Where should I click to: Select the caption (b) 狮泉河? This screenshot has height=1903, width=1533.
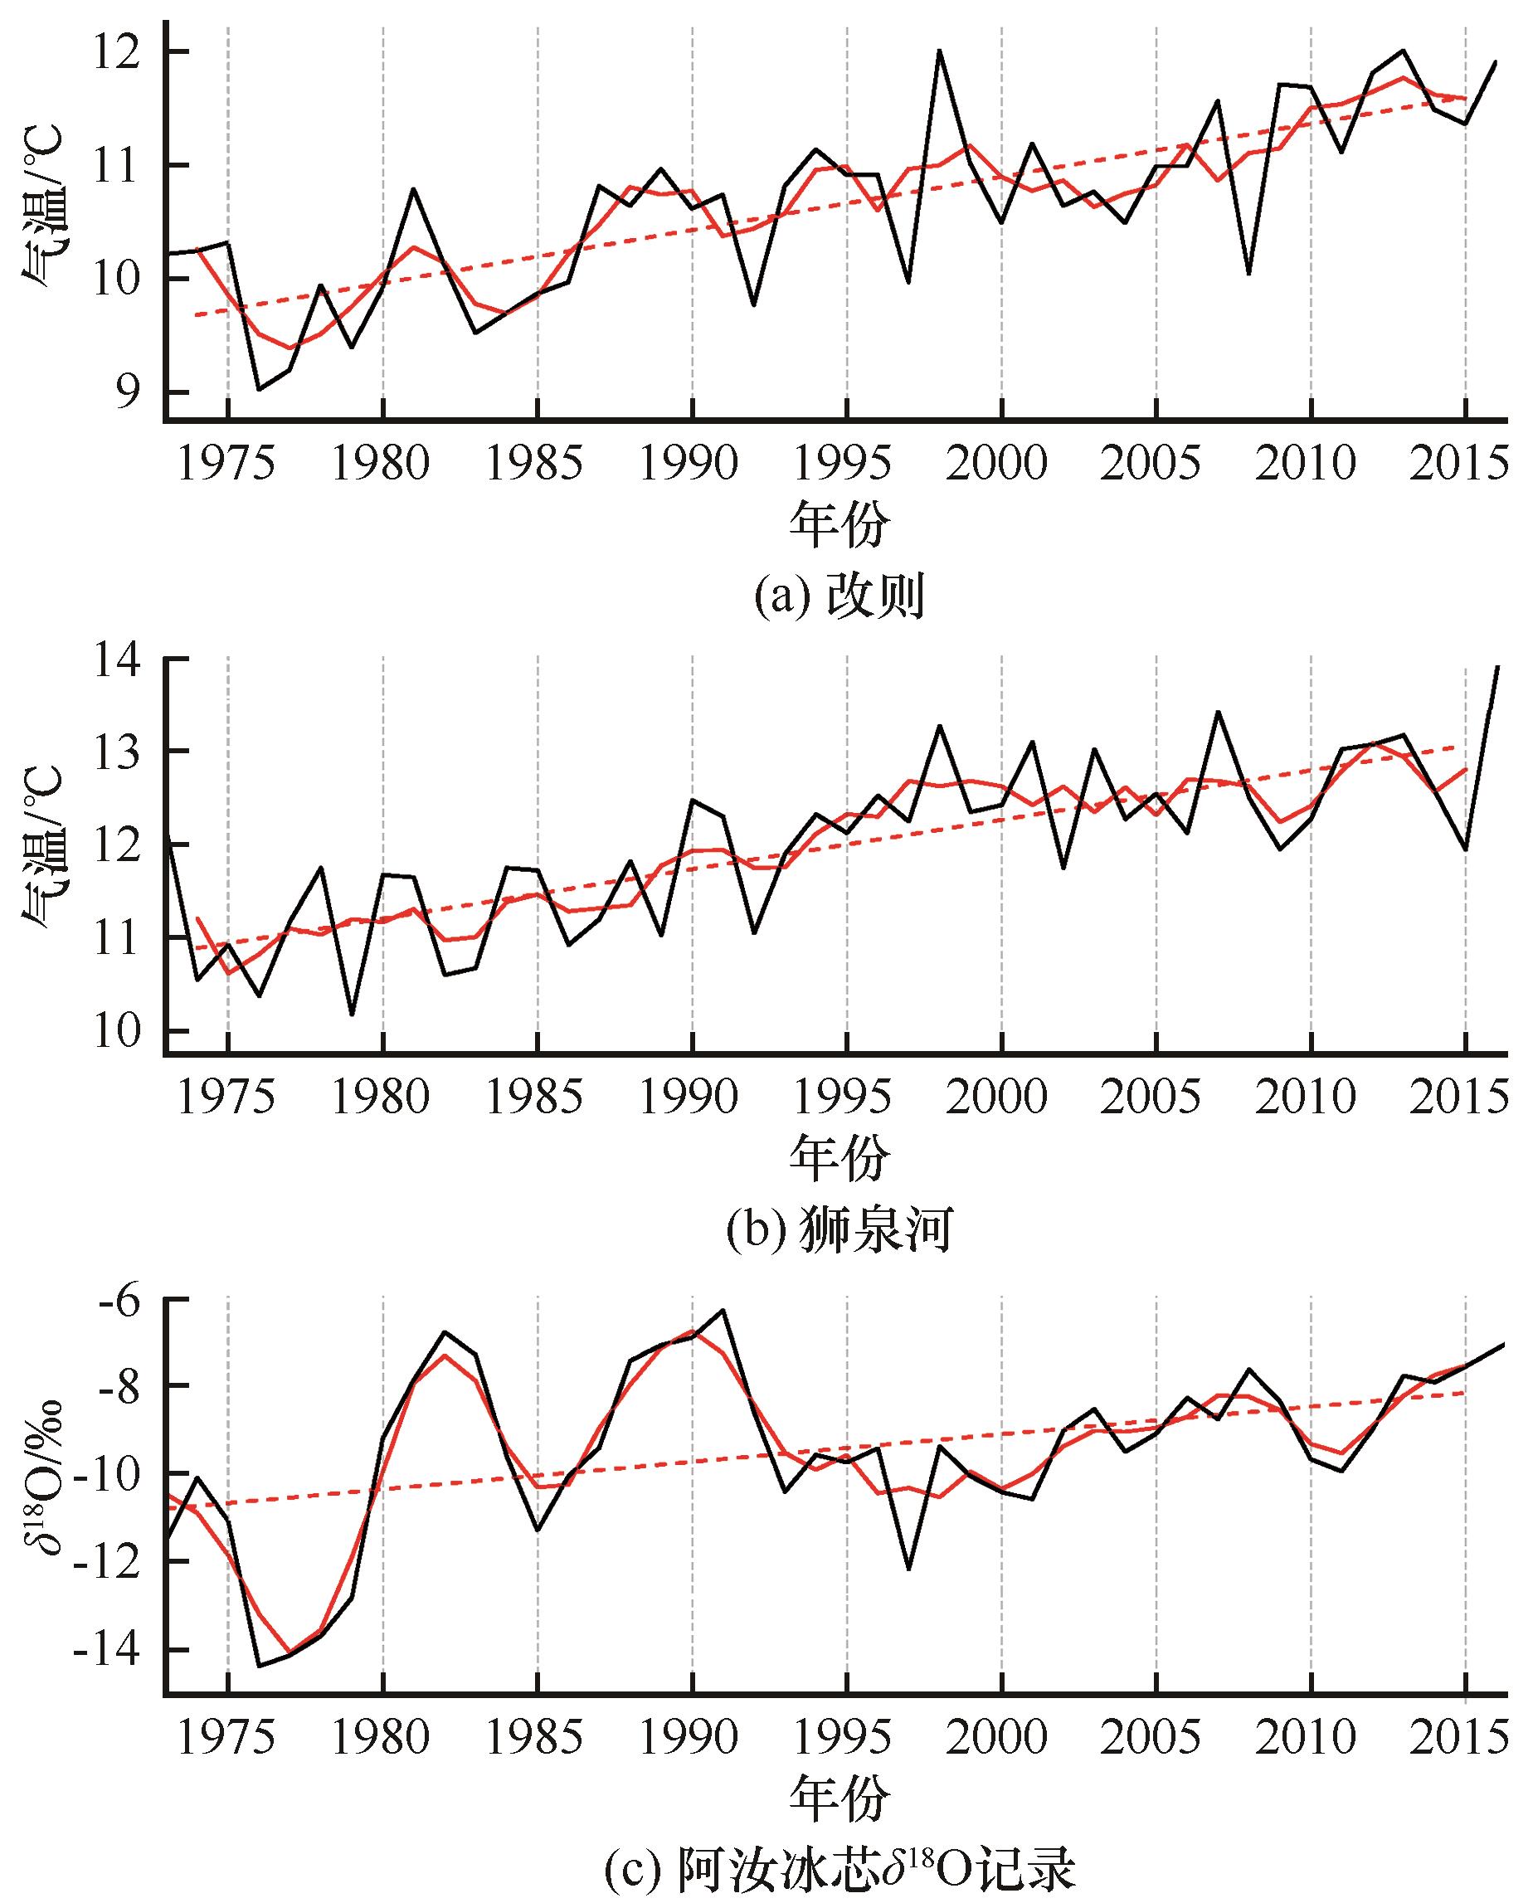[x=838, y=1231]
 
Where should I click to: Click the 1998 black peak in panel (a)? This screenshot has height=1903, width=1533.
[x=940, y=51]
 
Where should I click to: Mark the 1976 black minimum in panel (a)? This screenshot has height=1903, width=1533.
[x=259, y=389]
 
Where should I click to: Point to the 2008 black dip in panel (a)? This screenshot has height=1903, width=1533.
[x=1248, y=274]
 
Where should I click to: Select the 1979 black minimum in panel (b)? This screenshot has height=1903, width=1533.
[x=352, y=1015]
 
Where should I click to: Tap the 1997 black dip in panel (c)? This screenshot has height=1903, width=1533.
[x=908, y=1569]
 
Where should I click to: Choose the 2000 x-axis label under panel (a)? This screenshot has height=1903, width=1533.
[x=1001, y=463]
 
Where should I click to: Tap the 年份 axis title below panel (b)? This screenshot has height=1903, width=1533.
[x=838, y=1161]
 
